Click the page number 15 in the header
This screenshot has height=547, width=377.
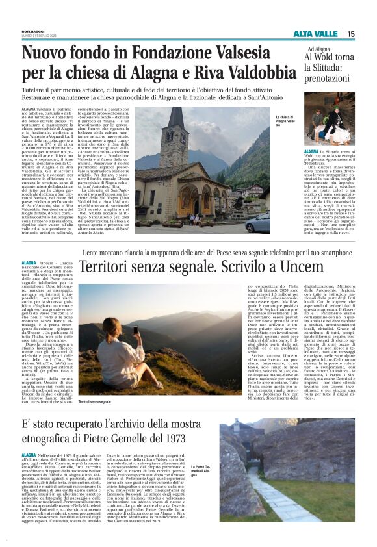pyautogui.click(x=350, y=34)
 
